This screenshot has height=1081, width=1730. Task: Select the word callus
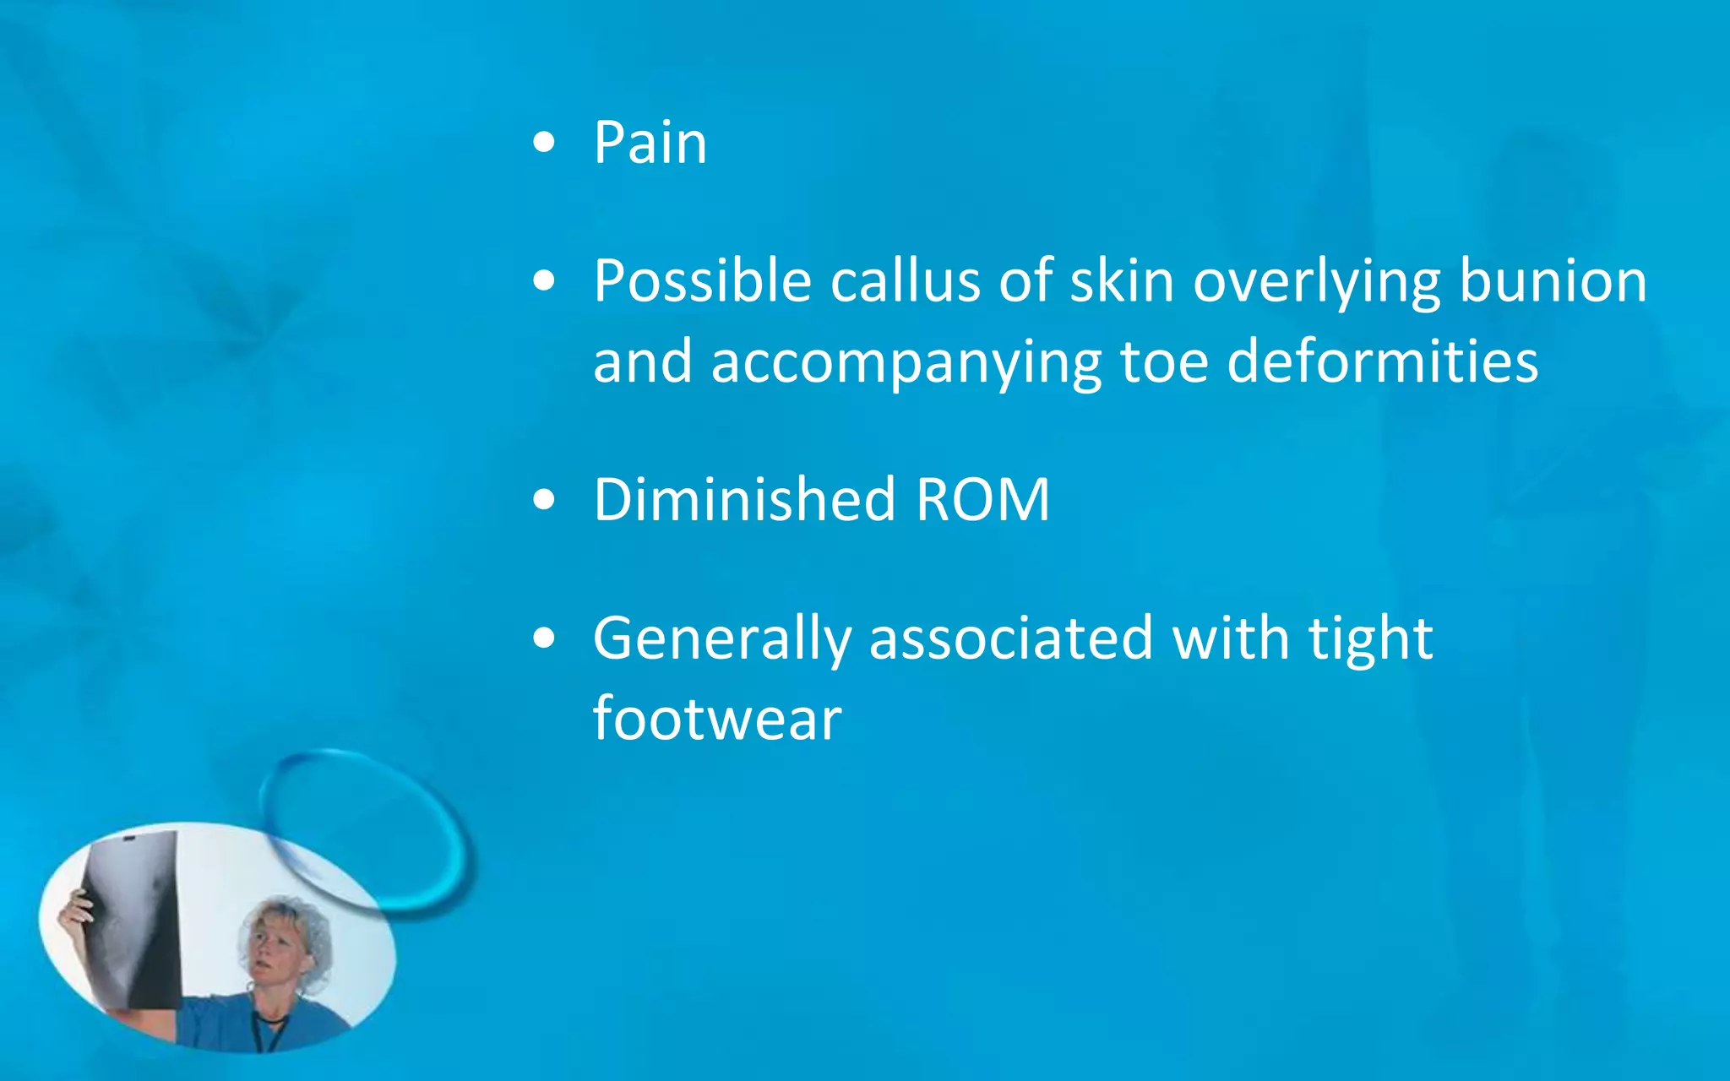905,280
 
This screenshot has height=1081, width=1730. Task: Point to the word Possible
702,280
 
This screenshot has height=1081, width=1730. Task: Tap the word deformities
1382,361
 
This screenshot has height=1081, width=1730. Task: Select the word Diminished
744,499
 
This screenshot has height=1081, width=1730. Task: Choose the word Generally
722,639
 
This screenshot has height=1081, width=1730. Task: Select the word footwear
717,719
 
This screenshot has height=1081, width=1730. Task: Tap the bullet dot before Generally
545,638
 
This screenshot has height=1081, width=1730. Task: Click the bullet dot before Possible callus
545,281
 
